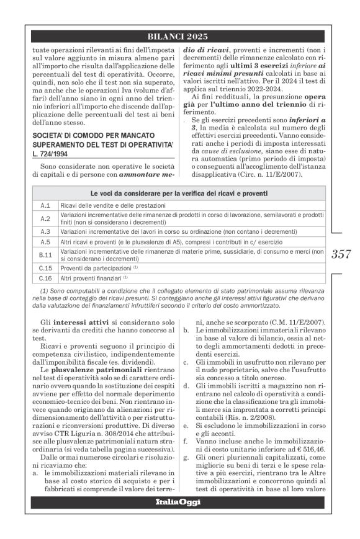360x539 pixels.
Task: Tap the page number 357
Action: click(x=343, y=252)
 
